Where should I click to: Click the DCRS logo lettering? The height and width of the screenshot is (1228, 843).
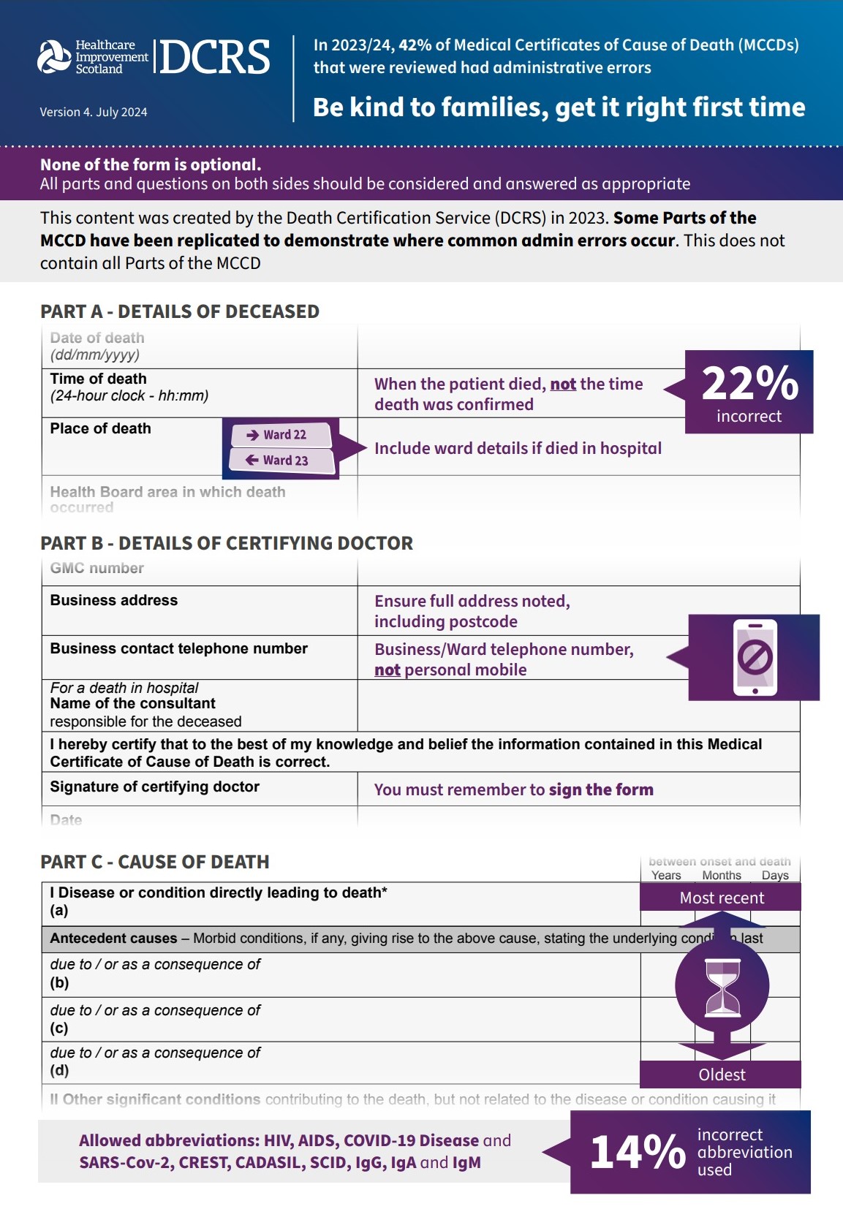pos(214,58)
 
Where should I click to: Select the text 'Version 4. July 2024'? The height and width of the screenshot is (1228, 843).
pos(94,112)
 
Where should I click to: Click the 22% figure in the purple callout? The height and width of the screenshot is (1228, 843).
pos(749,383)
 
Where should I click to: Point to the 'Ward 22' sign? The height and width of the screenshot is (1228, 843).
pos(281,435)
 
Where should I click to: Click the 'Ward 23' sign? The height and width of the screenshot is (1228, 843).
pos(281,460)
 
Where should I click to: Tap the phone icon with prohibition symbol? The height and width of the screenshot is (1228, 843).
pos(755,658)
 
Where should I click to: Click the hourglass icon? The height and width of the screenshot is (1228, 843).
pos(722,988)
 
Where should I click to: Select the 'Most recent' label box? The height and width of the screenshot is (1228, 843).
pos(721,898)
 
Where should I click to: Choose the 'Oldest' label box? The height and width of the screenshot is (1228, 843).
pos(721,1074)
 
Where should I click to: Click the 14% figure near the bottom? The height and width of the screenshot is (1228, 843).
pos(638,1153)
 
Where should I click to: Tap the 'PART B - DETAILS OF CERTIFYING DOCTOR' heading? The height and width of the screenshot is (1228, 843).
pos(227,543)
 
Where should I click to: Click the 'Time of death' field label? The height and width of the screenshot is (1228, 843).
pos(99,379)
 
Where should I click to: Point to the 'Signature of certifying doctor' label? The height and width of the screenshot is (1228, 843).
pos(155,787)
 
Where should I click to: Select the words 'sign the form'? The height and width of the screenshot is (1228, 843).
pos(601,789)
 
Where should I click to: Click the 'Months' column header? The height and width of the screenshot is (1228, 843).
pos(722,875)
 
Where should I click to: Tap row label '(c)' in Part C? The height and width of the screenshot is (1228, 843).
pos(59,1028)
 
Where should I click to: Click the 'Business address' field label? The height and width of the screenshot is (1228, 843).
pos(114,600)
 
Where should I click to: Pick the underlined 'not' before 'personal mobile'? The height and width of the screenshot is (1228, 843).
pos(388,670)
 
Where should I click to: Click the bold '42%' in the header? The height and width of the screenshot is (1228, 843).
pos(415,45)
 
